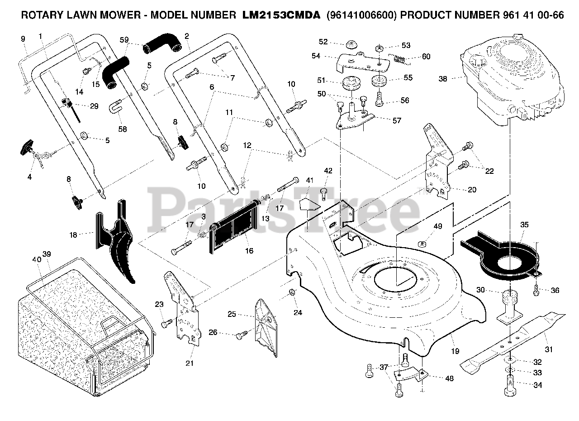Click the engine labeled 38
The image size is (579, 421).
(512, 80)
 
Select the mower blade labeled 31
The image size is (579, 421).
(513, 342)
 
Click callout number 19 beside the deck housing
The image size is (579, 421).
(455, 351)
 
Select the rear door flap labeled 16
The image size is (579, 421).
(234, 227)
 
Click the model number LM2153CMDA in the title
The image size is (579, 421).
(281, 15)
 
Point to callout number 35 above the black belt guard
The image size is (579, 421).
(524, 225)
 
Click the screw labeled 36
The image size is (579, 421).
(536, 290)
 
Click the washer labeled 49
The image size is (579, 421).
(422, 244)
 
